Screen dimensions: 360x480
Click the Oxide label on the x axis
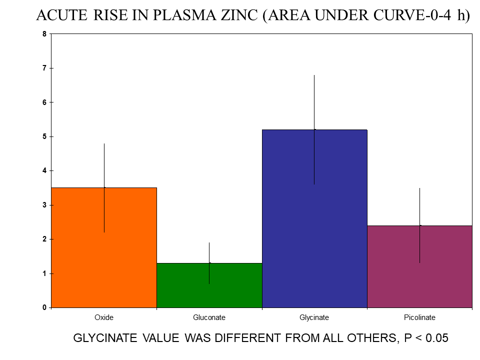tap(104, 317)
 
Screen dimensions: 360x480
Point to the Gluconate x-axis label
tap(209, 317)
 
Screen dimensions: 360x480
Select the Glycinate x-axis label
tap(314, 317)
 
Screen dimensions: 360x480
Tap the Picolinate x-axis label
tap(419, 317)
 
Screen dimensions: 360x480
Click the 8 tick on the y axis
tap(44, 34)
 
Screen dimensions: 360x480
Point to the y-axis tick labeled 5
tap(44, 136)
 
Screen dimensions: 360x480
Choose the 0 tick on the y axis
tap(44, 307)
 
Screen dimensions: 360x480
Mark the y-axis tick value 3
tap(44, 205)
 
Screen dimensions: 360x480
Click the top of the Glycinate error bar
tap(314, 75)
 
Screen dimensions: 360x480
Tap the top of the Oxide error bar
tap(104, 144)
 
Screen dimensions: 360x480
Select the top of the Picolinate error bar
tap(419, 188)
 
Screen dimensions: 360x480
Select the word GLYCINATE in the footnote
tap(105, 338)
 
